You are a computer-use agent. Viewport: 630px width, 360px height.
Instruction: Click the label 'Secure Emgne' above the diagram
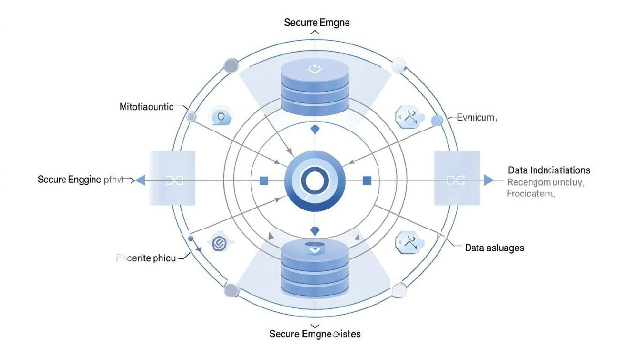317,22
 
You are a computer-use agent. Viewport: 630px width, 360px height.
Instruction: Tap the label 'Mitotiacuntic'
146,107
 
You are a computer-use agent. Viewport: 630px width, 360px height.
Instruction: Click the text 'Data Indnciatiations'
549,170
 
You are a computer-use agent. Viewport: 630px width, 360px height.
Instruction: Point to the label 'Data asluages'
494,248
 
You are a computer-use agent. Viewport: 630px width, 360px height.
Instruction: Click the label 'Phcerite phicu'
145,257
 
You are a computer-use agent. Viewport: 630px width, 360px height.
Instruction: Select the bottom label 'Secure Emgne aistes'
315,334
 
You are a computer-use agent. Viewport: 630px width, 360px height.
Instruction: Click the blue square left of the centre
264,181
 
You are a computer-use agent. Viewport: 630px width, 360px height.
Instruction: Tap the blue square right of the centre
367,181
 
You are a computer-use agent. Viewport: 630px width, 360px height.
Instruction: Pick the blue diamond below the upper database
315,130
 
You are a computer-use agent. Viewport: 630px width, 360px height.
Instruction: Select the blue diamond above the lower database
315,230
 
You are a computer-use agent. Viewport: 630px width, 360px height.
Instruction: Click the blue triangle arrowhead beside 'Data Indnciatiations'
488,180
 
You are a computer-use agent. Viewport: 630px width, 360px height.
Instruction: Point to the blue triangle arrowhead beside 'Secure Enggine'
140,180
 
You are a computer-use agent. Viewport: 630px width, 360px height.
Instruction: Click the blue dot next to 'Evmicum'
437,121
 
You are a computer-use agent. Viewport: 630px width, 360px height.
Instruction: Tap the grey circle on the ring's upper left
231,65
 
